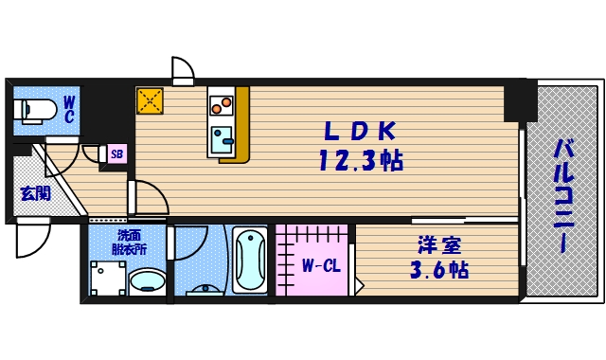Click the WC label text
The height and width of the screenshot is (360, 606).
pos(69,108)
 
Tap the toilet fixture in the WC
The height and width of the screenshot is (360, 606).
pos(34,110)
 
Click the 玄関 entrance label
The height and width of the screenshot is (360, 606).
pos(35,194)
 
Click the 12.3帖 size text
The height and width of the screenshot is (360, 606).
pos(359,160)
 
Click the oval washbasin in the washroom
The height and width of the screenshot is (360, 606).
pos(147,281)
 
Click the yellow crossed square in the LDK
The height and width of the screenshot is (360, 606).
pos(150,100)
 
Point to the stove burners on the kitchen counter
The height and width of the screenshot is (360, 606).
pos(222,101)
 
